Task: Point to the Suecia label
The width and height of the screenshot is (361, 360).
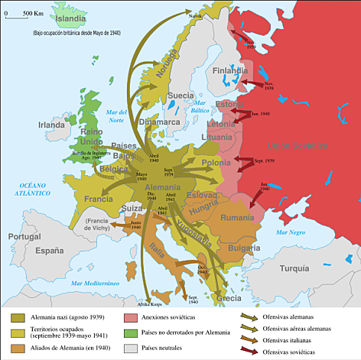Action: pos(180,96)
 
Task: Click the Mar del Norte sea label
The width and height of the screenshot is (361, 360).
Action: pos(116,115)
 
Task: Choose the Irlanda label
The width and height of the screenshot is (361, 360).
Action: pos(52,125)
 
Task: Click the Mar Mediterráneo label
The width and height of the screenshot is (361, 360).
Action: pos(96,284)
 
